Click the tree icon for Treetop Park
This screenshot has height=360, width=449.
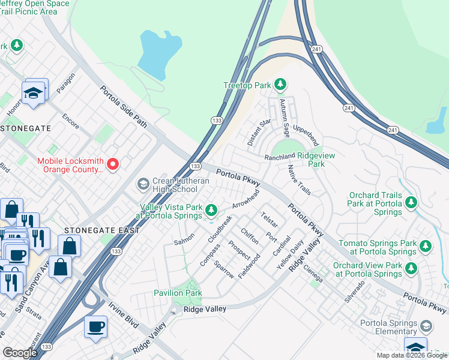(x=280, y=85)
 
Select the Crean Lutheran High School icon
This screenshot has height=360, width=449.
(x=143, y=183)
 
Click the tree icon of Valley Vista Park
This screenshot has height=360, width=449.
(x=211, y=210)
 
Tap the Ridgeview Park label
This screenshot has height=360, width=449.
(x=307, y=164)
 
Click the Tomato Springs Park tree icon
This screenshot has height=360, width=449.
(x=426, y=245)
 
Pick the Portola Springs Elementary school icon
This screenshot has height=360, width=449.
(x=426, y=325)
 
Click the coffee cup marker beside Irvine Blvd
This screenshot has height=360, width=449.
(x=95, y=327)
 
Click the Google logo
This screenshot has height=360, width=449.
(x=19, y=353)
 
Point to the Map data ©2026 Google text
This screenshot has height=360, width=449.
(x=411, y=355)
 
